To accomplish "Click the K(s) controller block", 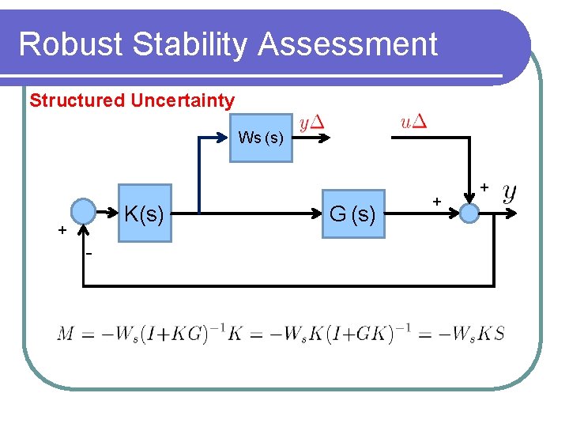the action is [x=145, y=213].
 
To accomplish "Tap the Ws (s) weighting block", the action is [x=261, y=138].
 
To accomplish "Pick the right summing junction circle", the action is [x=469, y=213].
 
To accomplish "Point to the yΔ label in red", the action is [x=313, y=123].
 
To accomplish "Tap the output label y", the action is [x=511, y=192].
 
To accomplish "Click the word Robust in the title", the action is [x=72, y=44].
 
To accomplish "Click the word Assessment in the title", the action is [x=348, y=44].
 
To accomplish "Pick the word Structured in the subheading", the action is [x=77, y=100].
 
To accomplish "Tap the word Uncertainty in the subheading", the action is [x=183, y=100].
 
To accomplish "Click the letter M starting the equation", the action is [x=66, y=334].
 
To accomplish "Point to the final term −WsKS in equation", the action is [x=473, y=334].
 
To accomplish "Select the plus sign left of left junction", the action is [x=61, y=230].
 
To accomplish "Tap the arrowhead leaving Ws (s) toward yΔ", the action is [x=326, y=138].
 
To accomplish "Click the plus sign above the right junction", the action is [x=484, y=187].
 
